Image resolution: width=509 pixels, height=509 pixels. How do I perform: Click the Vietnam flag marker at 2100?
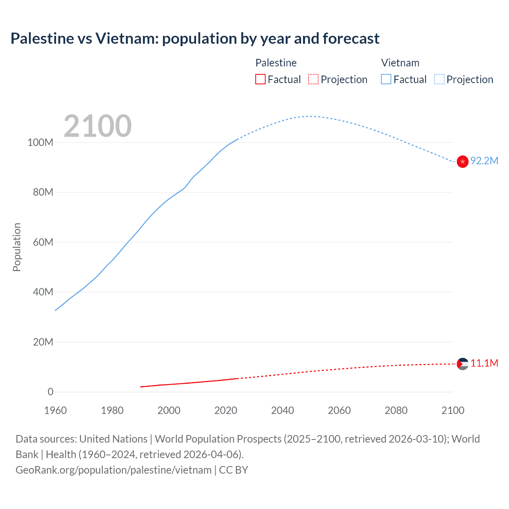[462, 161]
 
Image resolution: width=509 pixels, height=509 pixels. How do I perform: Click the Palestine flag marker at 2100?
[462, 364]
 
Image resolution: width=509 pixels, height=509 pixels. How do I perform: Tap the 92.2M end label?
[484, 161]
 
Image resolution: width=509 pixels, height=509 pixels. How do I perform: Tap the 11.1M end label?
[484, 363]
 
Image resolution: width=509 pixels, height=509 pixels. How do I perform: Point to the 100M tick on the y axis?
[40, 142]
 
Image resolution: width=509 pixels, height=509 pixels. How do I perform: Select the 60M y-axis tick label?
[43, 242]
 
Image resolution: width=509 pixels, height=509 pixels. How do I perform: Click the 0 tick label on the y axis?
[51, 392]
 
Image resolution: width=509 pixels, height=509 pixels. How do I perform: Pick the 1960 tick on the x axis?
[55, 410]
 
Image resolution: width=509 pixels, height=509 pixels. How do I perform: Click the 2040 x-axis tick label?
[282, 410]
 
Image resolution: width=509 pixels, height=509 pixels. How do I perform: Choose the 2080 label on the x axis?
[396, 410]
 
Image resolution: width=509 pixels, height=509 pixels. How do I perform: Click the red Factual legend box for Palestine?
[260, 79]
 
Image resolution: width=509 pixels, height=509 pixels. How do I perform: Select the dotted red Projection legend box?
[313, 79]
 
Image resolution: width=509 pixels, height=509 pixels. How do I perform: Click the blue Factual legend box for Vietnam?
[386, 79]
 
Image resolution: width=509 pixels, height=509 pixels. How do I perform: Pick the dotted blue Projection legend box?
[439, 79]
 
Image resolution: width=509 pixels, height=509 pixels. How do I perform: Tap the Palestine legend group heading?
[276, 63]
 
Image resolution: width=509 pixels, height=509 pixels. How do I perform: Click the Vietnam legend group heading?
[400, 63]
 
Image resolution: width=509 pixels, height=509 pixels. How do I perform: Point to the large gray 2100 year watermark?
[97, 126]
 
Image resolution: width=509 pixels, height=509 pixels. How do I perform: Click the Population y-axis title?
[17, 247]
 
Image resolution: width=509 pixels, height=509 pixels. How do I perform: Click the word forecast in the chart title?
[351, 39]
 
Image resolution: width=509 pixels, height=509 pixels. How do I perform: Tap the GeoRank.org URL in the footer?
[113, 470]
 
